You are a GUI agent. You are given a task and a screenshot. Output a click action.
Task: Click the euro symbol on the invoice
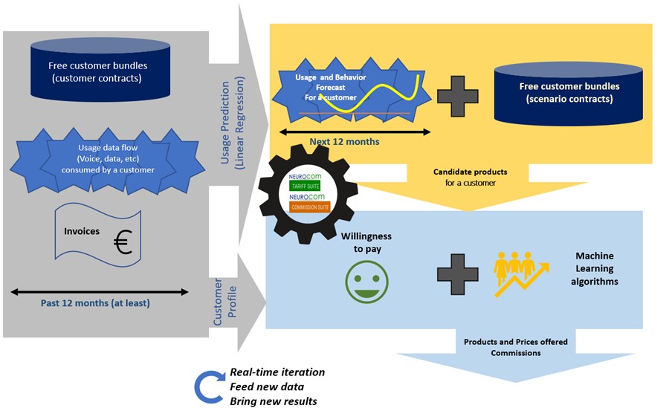point(124,243)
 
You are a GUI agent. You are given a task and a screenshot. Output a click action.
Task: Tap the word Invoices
point(82,231)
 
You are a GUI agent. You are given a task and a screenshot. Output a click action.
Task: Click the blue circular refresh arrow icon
point(207,386)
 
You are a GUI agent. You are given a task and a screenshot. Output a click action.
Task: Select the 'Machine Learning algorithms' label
point(594,268)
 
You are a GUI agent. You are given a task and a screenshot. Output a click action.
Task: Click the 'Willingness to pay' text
point(366,242)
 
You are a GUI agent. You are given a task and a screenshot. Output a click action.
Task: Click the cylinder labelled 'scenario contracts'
point(569,92)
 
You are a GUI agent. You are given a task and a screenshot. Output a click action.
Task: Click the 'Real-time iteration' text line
point(277,372)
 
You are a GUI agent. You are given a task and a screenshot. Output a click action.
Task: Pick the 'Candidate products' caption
point(470,172)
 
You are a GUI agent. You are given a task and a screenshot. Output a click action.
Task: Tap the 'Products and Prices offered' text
point(515,342)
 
